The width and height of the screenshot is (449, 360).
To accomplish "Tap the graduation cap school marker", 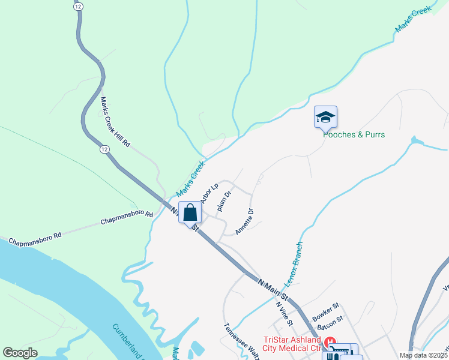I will [325, 117].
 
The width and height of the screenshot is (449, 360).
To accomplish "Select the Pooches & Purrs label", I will [354, 134].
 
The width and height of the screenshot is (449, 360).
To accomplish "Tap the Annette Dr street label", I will [245, 221].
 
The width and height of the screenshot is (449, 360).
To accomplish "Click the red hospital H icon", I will [329, 342].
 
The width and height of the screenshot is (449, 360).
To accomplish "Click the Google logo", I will [20, 353].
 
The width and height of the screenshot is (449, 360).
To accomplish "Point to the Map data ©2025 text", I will [424, 355].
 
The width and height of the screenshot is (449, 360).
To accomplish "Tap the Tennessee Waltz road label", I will [241, 342].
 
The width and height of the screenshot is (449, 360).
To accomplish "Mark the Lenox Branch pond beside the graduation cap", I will [414, 141].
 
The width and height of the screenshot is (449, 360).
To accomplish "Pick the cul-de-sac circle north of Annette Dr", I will [259, 178].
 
